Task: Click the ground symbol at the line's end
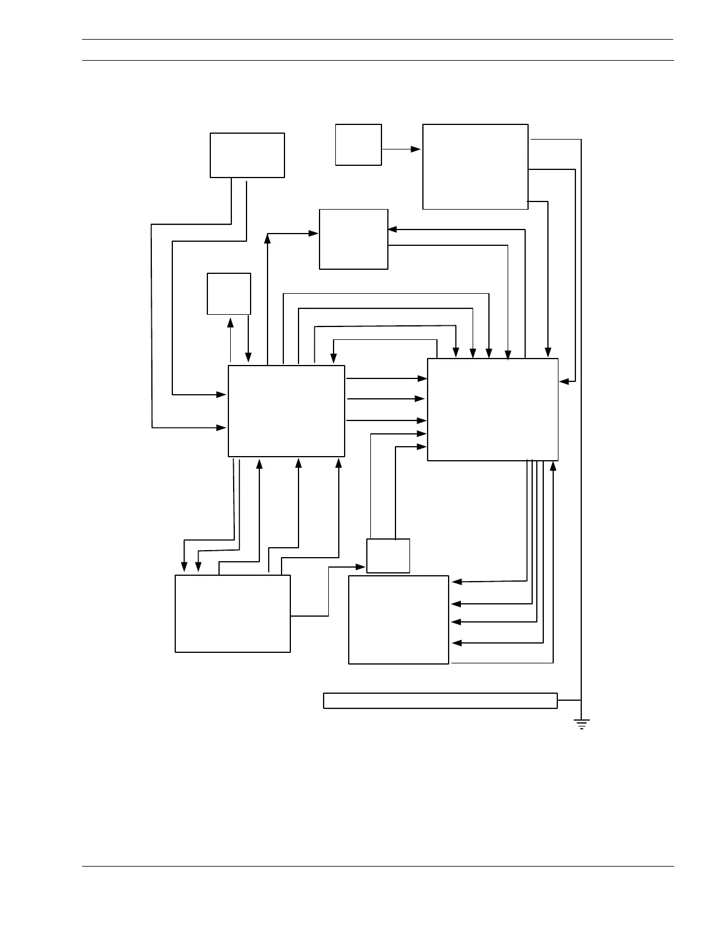click(581, 725)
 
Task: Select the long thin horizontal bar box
click(440, 700)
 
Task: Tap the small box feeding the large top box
click(358, 145)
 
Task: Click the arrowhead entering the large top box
click(416, 149)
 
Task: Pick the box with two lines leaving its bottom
click(247, 155)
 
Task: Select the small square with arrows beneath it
click(229, 293)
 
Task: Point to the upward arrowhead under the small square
click(230, 322)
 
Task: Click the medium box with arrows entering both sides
click(353, 239)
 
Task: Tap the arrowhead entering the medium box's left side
click(314, 234)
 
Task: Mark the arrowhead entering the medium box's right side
click(393, 229)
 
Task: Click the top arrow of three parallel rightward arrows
click(387, 378)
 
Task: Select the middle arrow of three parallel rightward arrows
click(387, 399)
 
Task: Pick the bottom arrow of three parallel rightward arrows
click(387, 420)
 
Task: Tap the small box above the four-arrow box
click(388, 555)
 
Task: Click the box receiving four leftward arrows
click(398, 620)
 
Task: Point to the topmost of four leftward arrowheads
click(457, 582)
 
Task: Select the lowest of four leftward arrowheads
click(457, 643)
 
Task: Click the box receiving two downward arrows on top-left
click(232, 613)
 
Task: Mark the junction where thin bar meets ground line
click(581, 700)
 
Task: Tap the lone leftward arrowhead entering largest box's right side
click(564, 381)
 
